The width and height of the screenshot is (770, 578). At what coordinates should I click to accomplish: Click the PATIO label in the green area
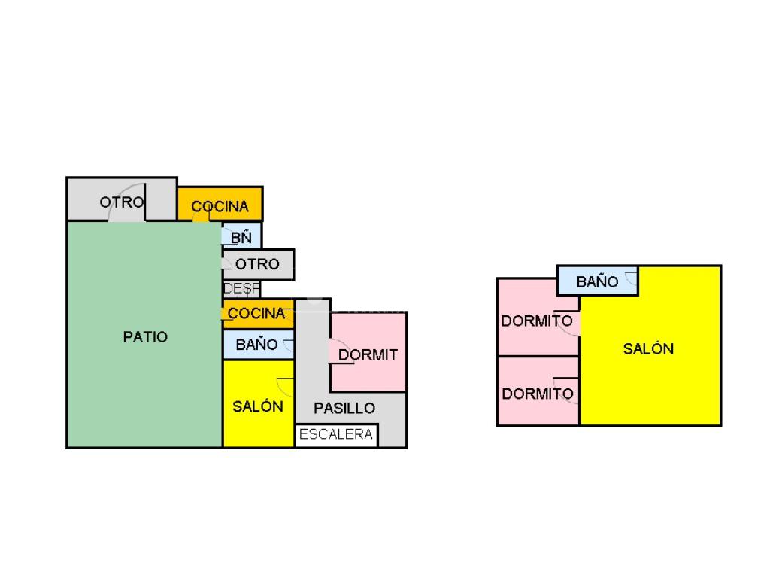145,337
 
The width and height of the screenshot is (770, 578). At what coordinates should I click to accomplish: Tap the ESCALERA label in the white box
336,434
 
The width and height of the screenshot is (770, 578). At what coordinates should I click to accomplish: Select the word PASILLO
344,409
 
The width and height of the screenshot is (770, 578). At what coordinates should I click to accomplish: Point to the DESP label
241,288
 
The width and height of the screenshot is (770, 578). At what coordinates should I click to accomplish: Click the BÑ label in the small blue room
241,238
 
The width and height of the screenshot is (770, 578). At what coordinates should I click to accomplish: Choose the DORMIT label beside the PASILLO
368,355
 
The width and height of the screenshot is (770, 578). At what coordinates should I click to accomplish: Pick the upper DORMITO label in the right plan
537,321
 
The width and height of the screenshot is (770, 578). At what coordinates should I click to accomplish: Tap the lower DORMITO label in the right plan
538,394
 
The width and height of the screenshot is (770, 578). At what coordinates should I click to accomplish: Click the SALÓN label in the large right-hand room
648,349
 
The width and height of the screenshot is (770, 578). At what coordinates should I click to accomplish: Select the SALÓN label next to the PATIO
258,406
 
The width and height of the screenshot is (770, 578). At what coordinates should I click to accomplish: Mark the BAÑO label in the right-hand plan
598,282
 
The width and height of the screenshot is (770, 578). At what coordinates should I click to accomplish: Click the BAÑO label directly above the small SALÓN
256,345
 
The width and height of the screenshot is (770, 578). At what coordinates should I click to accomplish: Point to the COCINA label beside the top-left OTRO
220,207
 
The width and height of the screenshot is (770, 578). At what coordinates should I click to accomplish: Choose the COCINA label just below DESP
257,313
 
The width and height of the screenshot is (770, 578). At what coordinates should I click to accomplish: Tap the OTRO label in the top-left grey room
122,202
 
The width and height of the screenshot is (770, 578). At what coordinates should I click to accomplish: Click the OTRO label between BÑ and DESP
257,264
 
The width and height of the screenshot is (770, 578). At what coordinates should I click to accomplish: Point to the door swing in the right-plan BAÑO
631,280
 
